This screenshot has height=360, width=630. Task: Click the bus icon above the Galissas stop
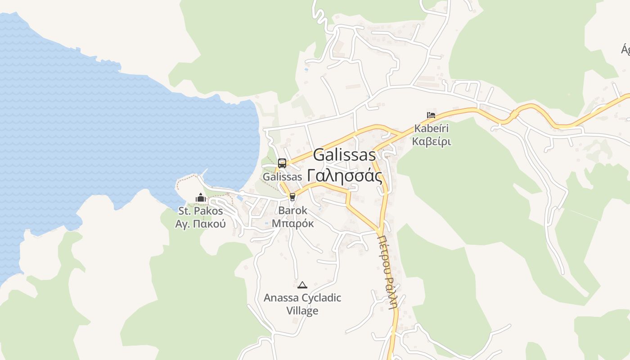pos(282,163)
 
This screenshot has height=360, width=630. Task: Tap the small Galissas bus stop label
pos(282,177)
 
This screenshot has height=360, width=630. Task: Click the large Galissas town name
pos(344,155)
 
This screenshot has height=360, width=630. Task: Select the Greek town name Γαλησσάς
pos(345,175)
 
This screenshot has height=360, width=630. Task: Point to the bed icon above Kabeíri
pos(431,115)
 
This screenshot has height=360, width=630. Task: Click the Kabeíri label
pos(432,129)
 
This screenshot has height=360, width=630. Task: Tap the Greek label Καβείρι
pos(432,142)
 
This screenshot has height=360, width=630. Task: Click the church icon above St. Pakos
pos(200,198)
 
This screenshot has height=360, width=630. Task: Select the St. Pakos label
pos(201,211)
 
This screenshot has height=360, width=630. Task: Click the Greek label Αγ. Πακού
pos(200,224)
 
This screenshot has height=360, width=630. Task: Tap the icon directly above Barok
pos(292,197)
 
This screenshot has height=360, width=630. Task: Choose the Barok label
pos(293,210)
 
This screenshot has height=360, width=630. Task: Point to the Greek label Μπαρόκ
pos(293,223)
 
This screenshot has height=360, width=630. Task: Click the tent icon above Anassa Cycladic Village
pos(302,284)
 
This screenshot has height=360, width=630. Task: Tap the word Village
pos(302,310)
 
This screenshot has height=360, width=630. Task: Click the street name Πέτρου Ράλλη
pos(388,272)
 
